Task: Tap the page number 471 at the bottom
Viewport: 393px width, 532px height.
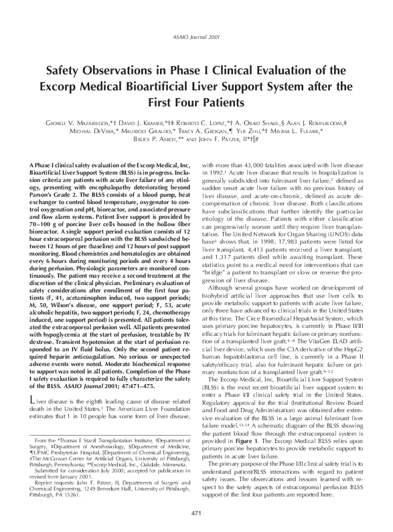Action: click(196, 513)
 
